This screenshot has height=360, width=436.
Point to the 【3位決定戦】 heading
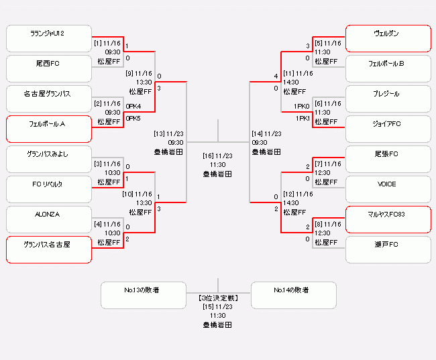tap(218, 297)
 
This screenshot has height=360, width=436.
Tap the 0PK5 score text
tap(133, 119)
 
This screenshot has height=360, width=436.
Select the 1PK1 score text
tap(301, 119)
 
